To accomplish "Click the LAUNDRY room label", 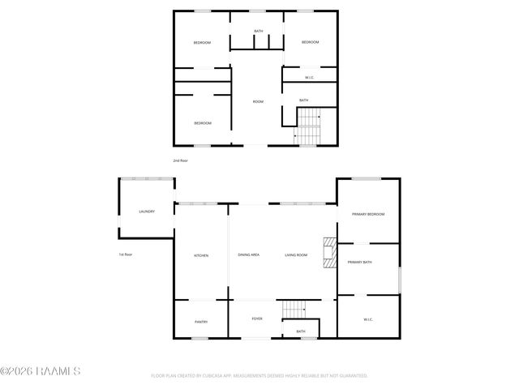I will [147, 212].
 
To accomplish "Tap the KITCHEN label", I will [201, 255].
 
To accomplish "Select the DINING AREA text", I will [248, 255].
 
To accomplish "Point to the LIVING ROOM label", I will [295, 255].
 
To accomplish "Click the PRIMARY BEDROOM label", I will [368, 214].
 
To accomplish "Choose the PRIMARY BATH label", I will [360, 263].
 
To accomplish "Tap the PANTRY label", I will [201, 322].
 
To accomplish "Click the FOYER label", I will [257, 318].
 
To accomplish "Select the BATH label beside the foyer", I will [301, 331].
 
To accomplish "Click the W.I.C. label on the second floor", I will [310, 78].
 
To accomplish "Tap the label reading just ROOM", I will [258, 101].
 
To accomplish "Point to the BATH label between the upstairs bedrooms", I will [258, 32].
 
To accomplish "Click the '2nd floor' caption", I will [180, 160].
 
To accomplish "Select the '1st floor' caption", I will [126, 254].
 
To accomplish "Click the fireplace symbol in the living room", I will [328, 253].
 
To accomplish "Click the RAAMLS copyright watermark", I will [41, 372].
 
